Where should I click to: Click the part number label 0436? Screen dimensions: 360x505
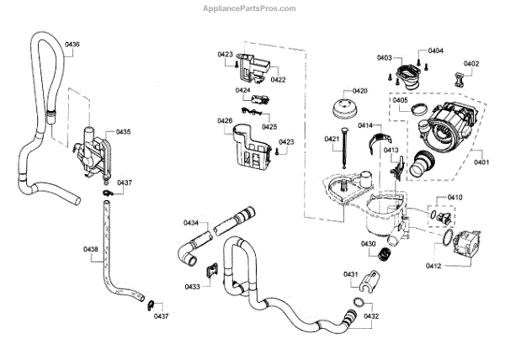72,44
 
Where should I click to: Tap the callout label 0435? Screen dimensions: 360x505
124,132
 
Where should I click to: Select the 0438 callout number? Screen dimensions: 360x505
91,249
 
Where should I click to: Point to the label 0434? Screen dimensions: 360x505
191,223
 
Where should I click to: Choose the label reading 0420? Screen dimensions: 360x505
360,90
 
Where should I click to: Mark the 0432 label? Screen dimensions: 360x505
371,316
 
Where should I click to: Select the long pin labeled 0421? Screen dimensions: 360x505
346,160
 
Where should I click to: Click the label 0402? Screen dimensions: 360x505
471,63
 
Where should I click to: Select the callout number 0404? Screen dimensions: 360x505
435,50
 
